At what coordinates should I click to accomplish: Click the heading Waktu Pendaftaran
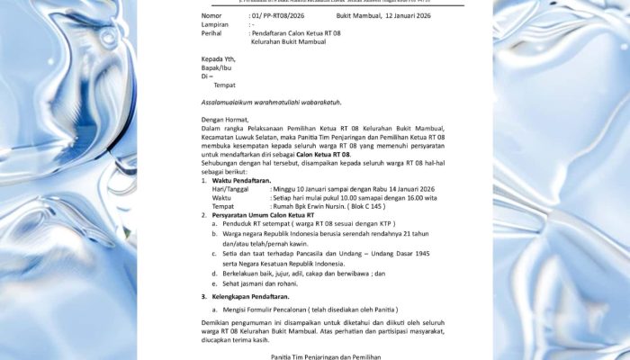[x=246, y=181]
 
